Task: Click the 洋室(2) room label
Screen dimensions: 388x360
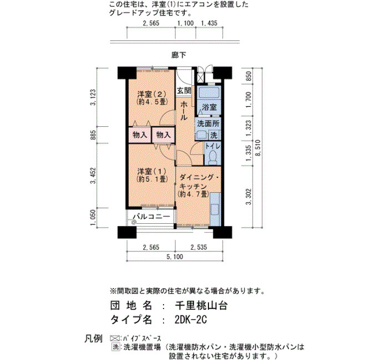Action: (151, 94)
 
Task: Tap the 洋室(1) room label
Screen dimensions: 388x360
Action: (151, 171)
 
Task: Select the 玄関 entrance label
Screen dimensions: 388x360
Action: (184, 91)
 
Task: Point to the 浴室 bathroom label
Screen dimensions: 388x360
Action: (209, 107)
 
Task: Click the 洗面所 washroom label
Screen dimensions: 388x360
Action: (208, 124)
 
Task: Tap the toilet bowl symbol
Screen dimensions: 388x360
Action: (212, 157)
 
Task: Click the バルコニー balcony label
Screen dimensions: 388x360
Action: (151, 217)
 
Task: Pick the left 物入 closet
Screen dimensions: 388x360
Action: (140, 135)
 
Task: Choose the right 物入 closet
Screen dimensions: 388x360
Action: (164, 135)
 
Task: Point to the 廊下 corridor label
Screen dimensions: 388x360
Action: (178, 55)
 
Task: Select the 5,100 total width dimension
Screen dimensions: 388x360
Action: (175, 256)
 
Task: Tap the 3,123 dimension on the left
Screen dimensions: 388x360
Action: (93, 97)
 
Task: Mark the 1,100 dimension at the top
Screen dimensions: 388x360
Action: (186, 23)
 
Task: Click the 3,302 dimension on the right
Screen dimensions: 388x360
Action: (248, 197)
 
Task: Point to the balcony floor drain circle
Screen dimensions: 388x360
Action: (134, 223)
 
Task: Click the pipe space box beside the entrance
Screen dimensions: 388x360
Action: (200, 78)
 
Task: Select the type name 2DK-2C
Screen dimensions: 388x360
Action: (191, 320)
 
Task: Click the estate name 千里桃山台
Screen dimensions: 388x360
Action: (201, 306)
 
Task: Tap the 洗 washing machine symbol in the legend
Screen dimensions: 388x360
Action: (115, 347)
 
